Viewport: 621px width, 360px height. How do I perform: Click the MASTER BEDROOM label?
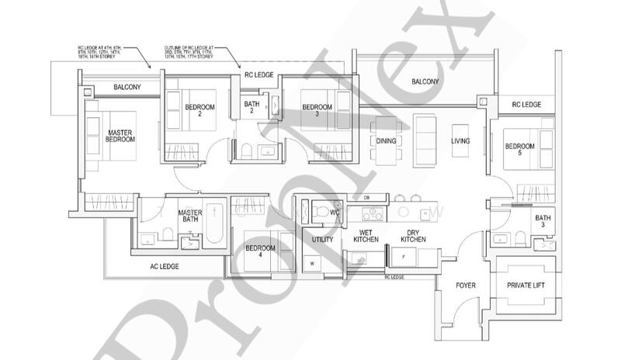point(121,136)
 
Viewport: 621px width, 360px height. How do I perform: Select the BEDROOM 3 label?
point(317,110)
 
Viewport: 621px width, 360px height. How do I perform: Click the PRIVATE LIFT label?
point(525,286)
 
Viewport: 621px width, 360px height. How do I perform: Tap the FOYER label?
point(463,286)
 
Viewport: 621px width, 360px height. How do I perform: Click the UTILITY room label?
point(322,240)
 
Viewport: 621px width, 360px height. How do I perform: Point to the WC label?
point(335,213)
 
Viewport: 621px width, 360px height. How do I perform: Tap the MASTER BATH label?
point(190,216)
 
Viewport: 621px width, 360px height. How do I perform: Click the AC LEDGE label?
point(165,266)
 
